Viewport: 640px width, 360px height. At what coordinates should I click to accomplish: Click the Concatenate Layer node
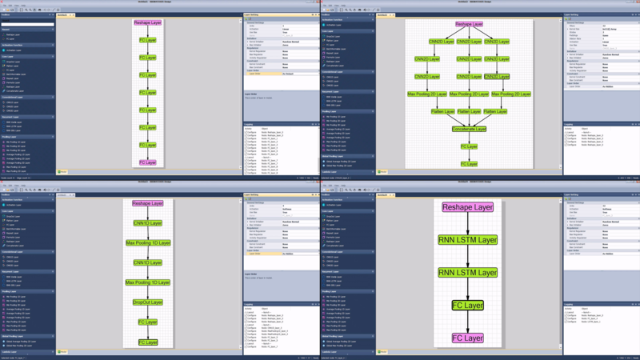coord(469,129)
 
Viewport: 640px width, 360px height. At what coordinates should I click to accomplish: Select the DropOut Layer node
coord(147,302)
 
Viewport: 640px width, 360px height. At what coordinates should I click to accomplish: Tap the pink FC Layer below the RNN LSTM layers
coord(468,338)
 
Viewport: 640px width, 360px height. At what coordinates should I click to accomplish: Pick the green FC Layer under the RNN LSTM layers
coord(468,306)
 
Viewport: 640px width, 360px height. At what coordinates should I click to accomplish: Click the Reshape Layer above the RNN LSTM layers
coord(468,207)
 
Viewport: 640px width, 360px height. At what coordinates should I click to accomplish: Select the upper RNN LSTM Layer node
coord(468,239)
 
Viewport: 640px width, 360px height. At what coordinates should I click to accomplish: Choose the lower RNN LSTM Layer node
coord(468,273)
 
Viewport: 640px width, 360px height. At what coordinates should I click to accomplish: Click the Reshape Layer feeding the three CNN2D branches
coord(469,25)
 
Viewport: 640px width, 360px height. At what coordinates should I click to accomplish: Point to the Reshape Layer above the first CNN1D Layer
coord(147,203)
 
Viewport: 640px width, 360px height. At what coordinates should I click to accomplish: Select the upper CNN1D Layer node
coord(147,222)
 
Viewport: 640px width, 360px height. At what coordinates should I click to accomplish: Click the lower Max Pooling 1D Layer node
coord(147,282)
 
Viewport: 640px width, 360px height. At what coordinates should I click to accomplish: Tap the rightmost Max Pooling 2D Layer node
coord(511,94)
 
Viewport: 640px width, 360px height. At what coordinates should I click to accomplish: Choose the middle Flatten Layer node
coord(469,112)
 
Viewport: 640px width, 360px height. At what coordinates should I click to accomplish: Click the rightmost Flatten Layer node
coord(497,112)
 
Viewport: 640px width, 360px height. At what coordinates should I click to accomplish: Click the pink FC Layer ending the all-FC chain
coord(147,162)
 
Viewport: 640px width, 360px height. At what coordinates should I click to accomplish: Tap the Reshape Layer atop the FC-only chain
coord(147,22)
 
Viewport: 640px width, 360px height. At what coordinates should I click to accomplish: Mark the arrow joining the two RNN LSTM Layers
coord(468,256)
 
